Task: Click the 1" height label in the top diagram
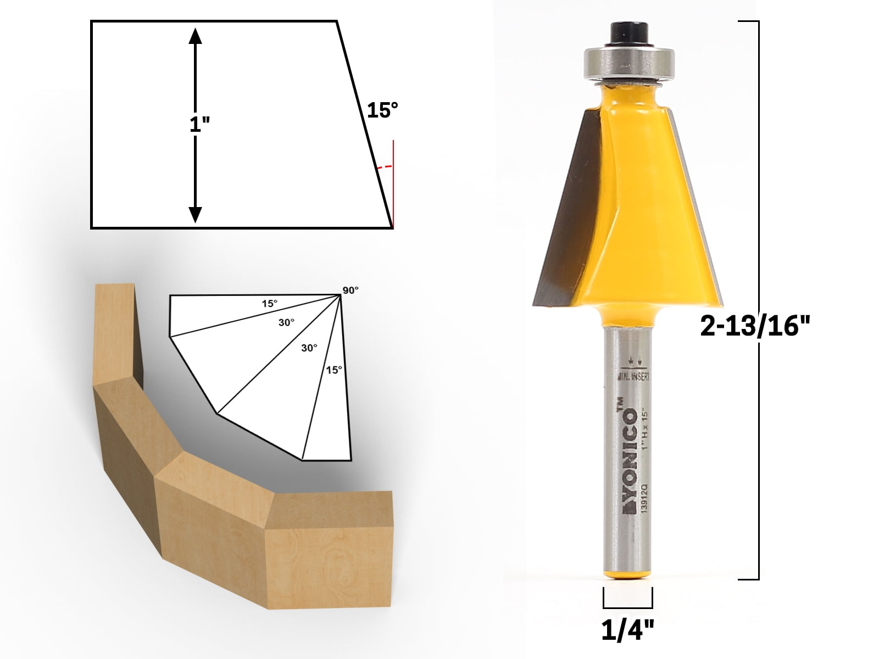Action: [x=199, y=125]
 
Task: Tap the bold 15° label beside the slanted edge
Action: [x=382, y=110]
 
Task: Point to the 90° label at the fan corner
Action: [x=350, y=290]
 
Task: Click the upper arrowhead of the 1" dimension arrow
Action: [x=196, y=36]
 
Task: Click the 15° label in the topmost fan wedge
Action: [x=269, y=303]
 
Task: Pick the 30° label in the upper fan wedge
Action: [x=286, y=323]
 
